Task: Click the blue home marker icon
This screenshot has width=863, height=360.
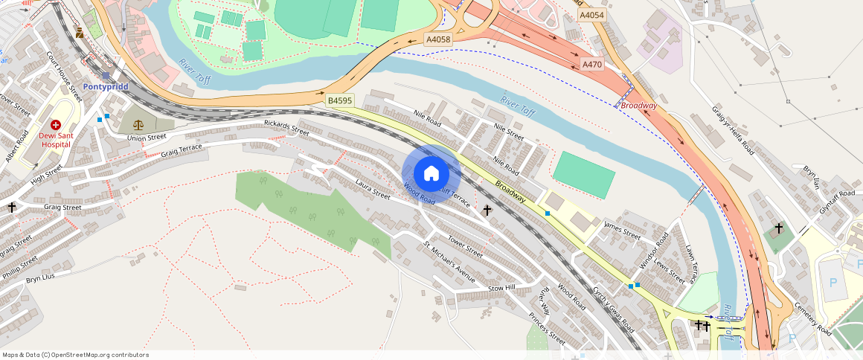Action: pyautogui.click(x=431, y=174)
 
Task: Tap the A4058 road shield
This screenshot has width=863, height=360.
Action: pyautogui.click(x=438, y=39)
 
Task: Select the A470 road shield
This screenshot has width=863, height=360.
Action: pyautogui.click(x=592, y=65)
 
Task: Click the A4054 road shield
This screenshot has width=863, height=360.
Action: pyautogui.click(x=592, y=15)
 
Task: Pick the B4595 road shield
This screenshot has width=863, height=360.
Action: pyautogui.click(x=340, y=100)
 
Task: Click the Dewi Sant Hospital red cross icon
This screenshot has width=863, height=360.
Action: pyautogui.click(x=56, y=126)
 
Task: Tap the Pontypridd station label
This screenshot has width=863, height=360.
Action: pyautogui.click(x=106, y=86)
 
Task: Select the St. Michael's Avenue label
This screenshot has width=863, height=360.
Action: pyautogui.click(x=449, y=262)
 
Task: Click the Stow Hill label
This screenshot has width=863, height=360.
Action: pyautogui.click(x=501, y=288)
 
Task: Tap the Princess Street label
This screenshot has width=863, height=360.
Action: pyautogui.click(x=547, y=328)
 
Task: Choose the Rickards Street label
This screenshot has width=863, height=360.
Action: pyautogui.click(x=286, y=127)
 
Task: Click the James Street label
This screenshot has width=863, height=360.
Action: pyautogui.click(x=623, y=230)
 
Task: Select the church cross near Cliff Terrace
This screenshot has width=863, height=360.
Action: pyautogui.click(x=487, y=210)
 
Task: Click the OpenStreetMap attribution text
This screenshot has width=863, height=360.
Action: pyautogui.click(x=75, y=355)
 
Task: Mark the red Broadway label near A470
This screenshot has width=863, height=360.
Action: pyautogui.click(x=639, y=106)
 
